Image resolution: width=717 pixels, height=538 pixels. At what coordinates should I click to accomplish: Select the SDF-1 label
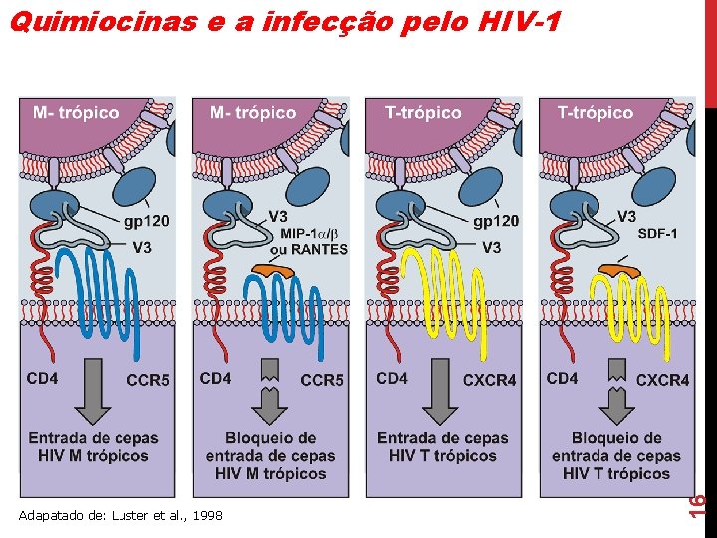(657, 234)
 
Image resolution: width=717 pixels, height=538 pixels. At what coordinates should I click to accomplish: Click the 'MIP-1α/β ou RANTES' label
(308, 242)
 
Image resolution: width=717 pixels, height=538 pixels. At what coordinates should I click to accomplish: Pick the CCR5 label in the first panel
(148, 380)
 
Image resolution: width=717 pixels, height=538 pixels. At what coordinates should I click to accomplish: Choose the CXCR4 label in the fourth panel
(662, 380)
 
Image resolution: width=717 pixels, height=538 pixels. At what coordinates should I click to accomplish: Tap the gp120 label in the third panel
(496, 221)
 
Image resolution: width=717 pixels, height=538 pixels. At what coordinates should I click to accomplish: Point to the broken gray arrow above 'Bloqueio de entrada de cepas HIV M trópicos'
(270, 392)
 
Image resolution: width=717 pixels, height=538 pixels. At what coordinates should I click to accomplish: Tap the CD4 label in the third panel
(392, 378)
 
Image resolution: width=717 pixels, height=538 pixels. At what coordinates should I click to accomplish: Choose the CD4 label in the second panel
(215, 378)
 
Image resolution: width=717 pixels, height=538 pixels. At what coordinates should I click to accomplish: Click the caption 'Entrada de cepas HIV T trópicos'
(442, 446)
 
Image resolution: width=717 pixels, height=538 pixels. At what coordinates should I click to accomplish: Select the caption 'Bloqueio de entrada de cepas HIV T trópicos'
(616, 455)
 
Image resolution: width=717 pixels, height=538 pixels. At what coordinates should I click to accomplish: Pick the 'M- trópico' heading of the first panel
(76, 113)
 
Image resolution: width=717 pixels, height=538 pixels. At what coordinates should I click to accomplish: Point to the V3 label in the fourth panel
(626, 216)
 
